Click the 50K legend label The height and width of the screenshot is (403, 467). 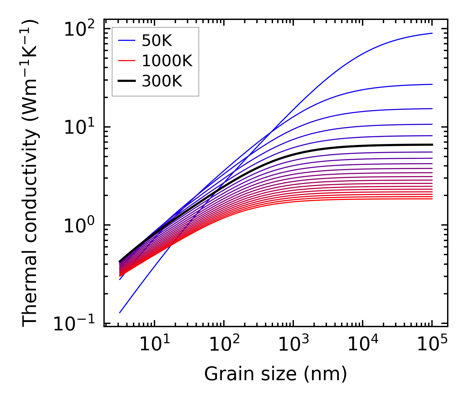pos(157,41)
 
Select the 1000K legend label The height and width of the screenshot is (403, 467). pos(167,61)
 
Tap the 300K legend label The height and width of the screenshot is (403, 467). pos(162,81)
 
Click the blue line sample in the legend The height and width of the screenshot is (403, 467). pos(127,41)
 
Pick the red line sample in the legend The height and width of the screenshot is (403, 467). pos(127,61)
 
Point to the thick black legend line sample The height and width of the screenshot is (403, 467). pos(127,81)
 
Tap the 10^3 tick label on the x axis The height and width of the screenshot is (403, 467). pos(293,344)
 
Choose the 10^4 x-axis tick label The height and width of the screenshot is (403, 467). pos(363,344)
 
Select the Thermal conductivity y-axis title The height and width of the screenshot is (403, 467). pos(31,174)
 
